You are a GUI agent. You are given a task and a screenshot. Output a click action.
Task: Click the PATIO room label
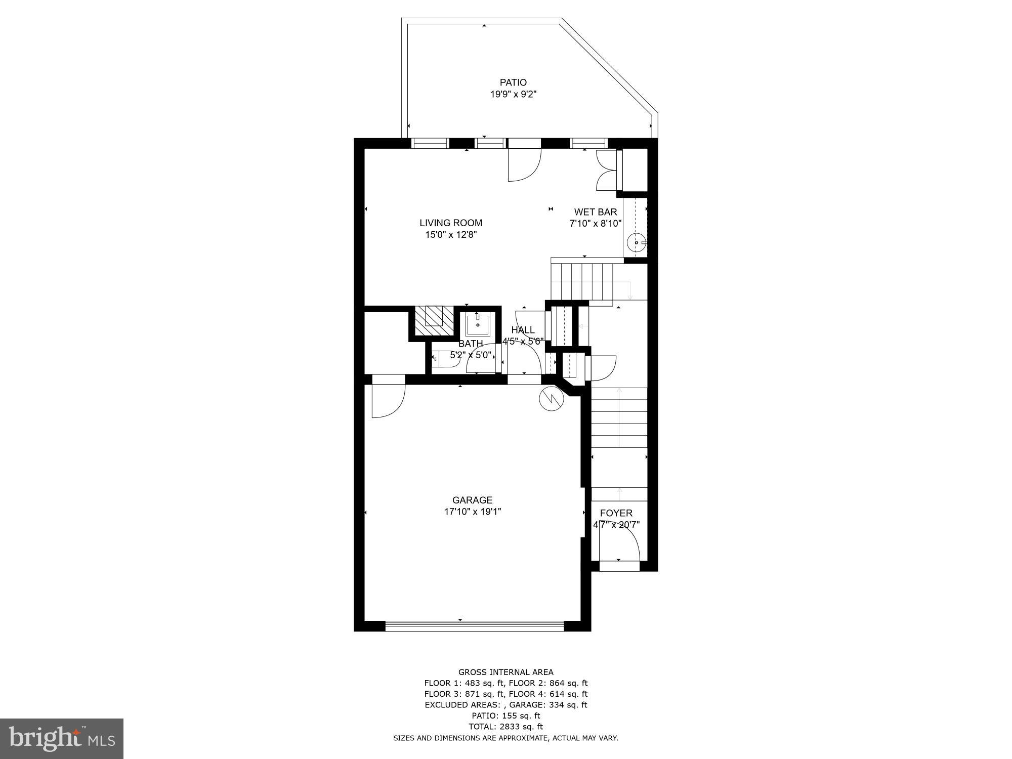coord(513,82)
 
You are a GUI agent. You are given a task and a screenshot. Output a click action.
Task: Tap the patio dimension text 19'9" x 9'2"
coord(513,94)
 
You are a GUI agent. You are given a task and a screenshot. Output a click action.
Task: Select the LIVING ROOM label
coord(450,223)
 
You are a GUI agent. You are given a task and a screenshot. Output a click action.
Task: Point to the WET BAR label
coord(595,212)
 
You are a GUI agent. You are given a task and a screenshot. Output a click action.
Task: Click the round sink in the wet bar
coord(636,243)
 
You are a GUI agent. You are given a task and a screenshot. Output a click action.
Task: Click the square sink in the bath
coord(478,324)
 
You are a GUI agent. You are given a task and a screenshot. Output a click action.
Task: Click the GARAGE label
coord(472,500)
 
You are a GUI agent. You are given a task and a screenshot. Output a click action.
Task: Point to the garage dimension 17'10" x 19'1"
coord(472,512)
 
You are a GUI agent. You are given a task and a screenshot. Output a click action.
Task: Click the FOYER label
coord(616,513)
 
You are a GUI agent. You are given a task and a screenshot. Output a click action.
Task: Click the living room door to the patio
coord(525,164)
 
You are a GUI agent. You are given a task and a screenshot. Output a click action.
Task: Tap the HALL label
coord(523,330)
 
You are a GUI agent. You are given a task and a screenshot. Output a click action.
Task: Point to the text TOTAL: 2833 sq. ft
coord(505,727)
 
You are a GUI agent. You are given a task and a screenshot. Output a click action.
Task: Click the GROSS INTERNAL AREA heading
coord(505,672)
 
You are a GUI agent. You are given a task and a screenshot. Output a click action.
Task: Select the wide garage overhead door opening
coord(474,626)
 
